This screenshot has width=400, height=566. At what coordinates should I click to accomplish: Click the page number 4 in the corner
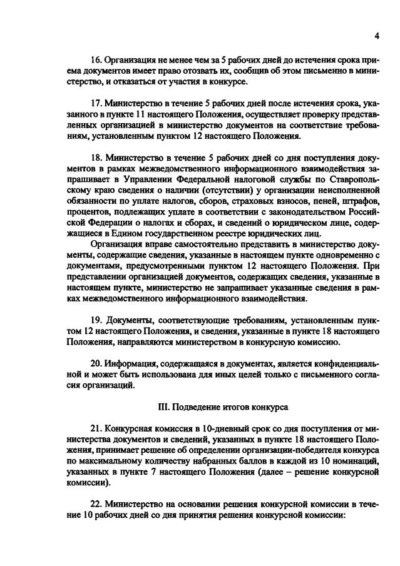coord(377,36)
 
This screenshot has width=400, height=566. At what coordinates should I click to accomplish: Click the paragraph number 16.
coord(96,61)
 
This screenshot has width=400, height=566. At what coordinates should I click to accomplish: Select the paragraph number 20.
coord(96,363)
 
